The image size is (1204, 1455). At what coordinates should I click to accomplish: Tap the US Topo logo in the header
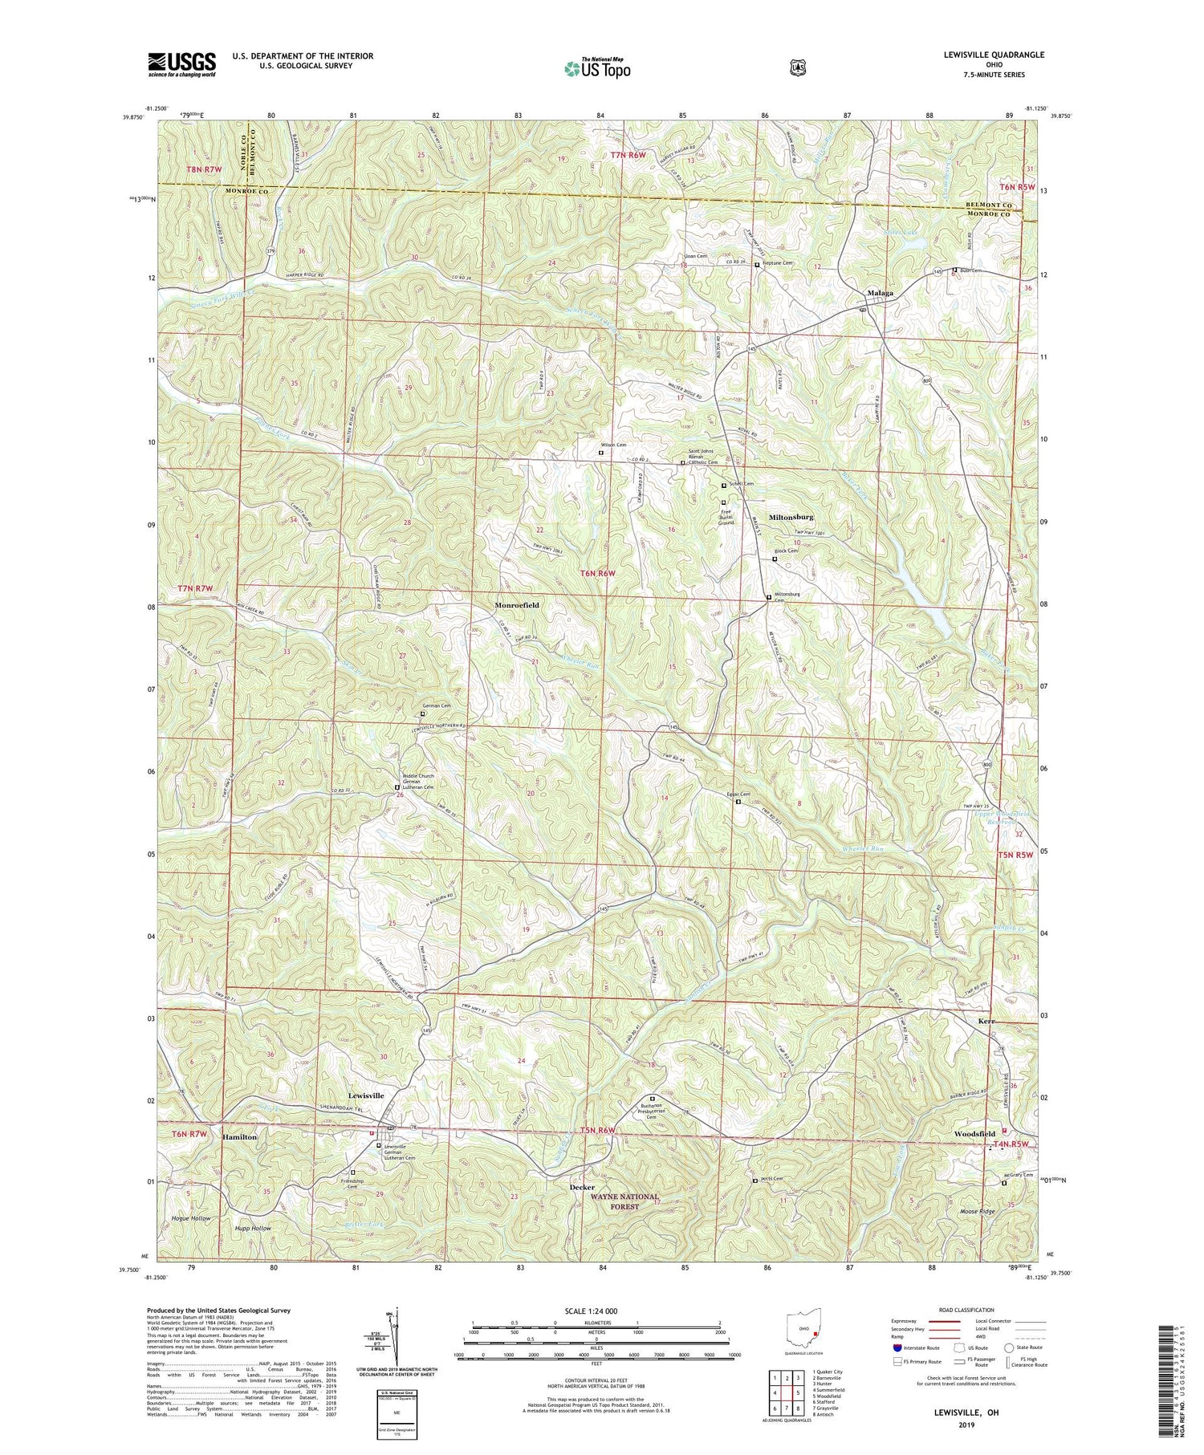[x=598, y=68]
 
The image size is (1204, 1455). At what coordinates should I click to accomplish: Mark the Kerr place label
[x=986, y=1021]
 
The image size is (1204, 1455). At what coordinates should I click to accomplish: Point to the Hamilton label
[x=240, y=1137]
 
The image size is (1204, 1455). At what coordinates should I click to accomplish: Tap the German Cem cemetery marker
[x=424, y=713]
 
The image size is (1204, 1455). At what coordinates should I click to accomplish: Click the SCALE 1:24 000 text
[x=595, y=1311]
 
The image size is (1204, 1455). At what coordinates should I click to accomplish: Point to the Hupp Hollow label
[x=253, y=1229]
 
